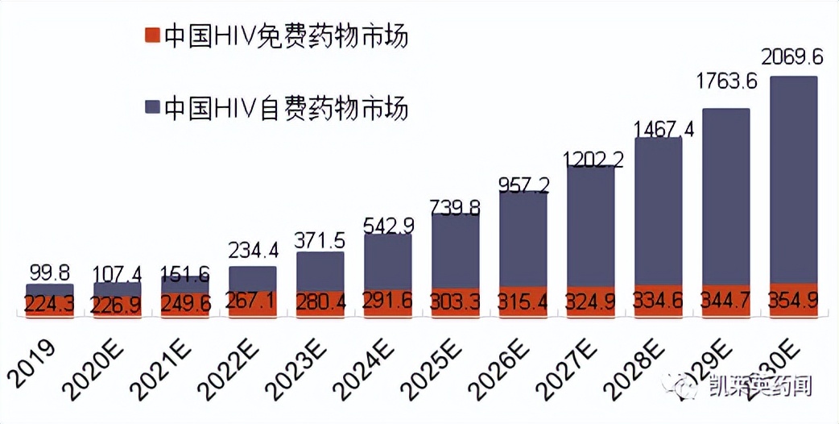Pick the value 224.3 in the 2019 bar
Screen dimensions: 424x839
(50, 305)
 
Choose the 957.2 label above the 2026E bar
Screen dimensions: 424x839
(523, 186)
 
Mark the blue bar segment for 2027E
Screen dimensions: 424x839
(591, 226)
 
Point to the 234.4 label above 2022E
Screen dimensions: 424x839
(253, 250)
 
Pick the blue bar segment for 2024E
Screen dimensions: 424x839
(388, 262)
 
